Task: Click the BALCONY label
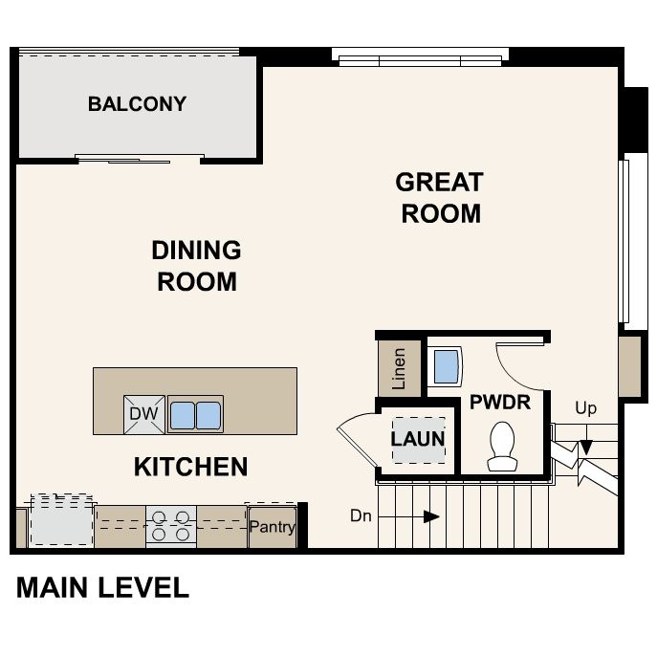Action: coord(137,103)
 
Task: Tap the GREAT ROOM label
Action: coord(440,196)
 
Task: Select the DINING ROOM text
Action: coord(196,266)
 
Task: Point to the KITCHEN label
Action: coord(190,467)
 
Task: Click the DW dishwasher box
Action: coord(144,415)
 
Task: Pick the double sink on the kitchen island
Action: coord(195,414)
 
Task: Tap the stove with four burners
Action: coord(170,527)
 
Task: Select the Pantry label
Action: coord(273,527)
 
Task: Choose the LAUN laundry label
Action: coord(418,439)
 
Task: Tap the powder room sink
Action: coord(446,364)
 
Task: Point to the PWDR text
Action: coord(499,402)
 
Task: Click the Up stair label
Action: coord(585,408)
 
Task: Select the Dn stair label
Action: coord(361,516)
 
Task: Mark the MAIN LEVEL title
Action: coord(102,587)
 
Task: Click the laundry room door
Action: coord(356,435)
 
